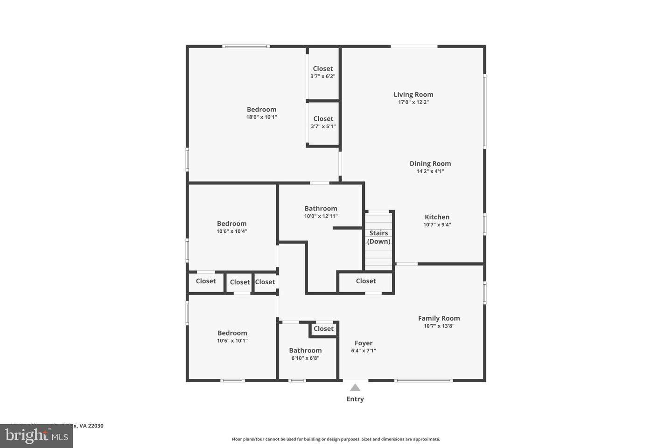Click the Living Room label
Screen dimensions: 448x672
[413, 95]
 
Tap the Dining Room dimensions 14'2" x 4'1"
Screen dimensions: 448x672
[430, 171]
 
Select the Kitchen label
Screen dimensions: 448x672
[437, 217]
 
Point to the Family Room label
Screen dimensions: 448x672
[439, 318]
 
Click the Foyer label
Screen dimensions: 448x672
[364, 343]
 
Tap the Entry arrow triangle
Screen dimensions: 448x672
[355, 387]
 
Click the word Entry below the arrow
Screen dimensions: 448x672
[355, 399]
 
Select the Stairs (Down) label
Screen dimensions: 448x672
[378, 237]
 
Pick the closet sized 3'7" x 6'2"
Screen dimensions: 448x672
[323, 72]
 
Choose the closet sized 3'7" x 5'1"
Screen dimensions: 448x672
[323, 122]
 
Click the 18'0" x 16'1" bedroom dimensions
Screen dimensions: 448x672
[262, 117]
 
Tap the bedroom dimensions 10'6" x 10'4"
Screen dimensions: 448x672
[232, 231]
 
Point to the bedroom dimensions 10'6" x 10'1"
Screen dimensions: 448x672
[232, 341]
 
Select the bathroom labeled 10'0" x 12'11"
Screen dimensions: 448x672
[321, 212]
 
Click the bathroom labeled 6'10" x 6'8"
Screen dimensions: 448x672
[306, 354]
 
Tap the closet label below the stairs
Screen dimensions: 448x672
[366, 281]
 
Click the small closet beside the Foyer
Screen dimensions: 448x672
[323, 329]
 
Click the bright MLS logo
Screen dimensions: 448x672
[36, 436]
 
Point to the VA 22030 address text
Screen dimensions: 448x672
[91, 426]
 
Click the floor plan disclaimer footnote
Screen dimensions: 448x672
[336, 439]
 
